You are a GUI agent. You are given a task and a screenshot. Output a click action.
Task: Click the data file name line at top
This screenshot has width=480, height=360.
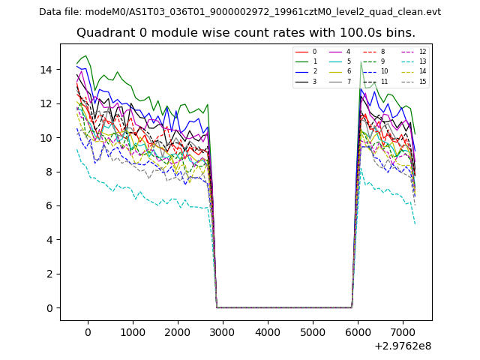[x=240, y=12]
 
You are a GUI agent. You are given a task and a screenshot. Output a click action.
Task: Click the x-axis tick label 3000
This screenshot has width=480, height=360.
[x=223, y=332]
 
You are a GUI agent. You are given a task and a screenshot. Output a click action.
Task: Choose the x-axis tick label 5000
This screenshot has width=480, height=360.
[x=313, y=332]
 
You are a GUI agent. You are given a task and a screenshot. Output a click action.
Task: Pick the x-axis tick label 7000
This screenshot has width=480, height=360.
[x=403, y=332]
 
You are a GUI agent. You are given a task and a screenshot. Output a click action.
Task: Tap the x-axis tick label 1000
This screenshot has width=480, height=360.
[x=133, y=332]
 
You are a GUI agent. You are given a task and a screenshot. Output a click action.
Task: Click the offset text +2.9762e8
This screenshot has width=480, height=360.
[x=402, y=346]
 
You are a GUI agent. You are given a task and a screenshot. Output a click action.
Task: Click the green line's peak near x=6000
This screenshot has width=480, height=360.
[x=361, y=62]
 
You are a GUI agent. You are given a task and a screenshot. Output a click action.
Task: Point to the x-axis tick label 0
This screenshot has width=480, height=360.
[x=88, y=332]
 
